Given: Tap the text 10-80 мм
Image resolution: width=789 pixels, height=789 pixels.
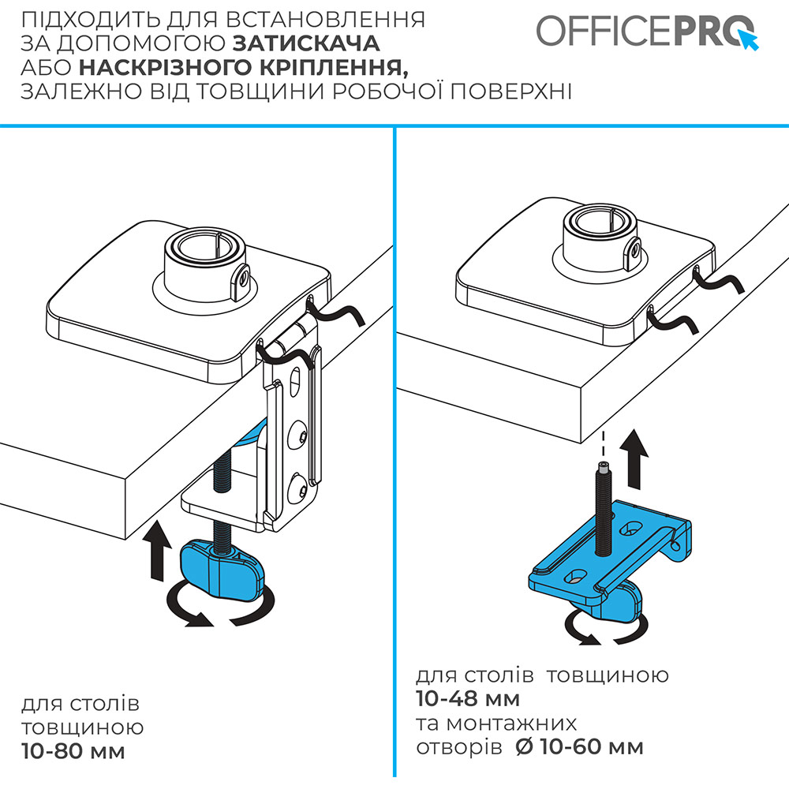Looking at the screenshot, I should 73,750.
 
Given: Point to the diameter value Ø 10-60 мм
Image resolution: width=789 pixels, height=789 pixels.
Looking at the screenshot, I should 578,746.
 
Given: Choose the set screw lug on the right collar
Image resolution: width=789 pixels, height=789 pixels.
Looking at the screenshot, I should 632,253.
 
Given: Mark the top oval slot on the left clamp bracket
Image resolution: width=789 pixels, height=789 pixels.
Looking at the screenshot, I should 296,386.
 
